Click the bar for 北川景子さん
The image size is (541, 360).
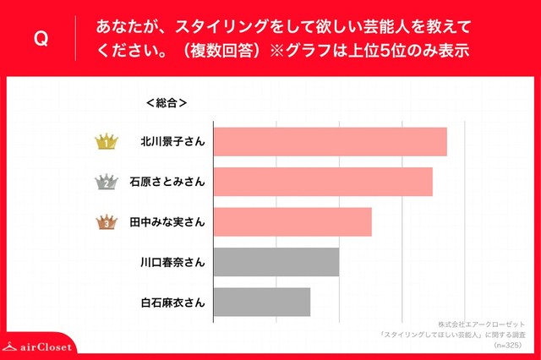point(330,142)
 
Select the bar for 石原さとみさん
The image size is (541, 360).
point(323,182)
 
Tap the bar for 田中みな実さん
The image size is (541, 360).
point(292,221)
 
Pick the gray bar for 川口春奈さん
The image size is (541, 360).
point(276,262)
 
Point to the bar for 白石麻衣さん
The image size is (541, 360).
point(262,302)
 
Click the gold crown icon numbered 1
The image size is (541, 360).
point(107,142)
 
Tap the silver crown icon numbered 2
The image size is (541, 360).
point(107,182)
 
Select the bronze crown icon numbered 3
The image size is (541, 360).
point(107,222)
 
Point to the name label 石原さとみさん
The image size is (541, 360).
point(166,182)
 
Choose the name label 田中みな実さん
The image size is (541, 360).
point(166,222)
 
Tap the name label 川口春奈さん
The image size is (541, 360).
point(172,262)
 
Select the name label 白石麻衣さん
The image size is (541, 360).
point(172,302)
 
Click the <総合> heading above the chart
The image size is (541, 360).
point(166,103)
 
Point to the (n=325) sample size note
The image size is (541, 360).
point(506,346)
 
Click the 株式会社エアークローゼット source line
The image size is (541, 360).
point(482,325)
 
